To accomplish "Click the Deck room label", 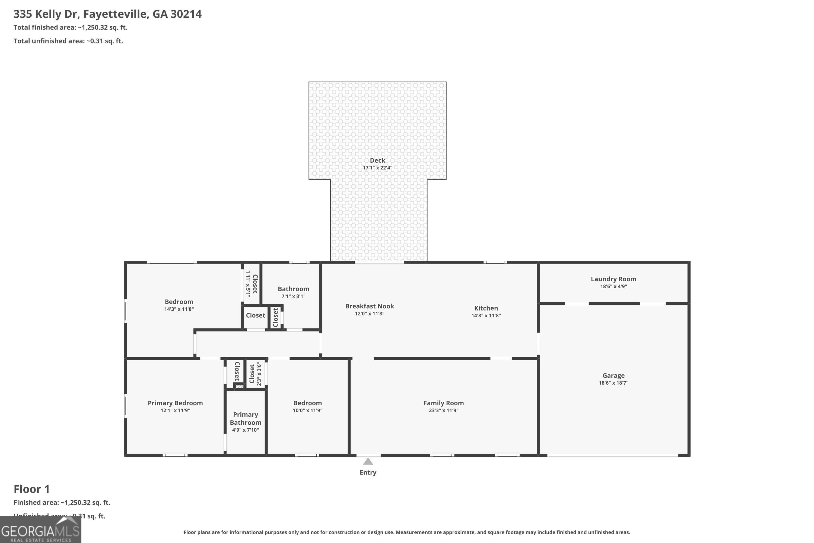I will tap(377, 160).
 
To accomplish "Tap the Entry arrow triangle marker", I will tap(368, 462).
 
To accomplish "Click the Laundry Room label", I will tap(613, 279).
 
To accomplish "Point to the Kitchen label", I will tap(486, 308).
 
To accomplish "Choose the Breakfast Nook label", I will tap(370, 306).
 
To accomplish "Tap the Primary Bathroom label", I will tap(245, 418).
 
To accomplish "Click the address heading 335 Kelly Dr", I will tap(107, 14).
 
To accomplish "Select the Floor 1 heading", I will tap(31, 489).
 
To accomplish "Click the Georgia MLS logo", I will tap(40, 529).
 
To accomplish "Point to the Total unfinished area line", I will tap(68, 41).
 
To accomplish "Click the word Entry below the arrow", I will tap(368, 472).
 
